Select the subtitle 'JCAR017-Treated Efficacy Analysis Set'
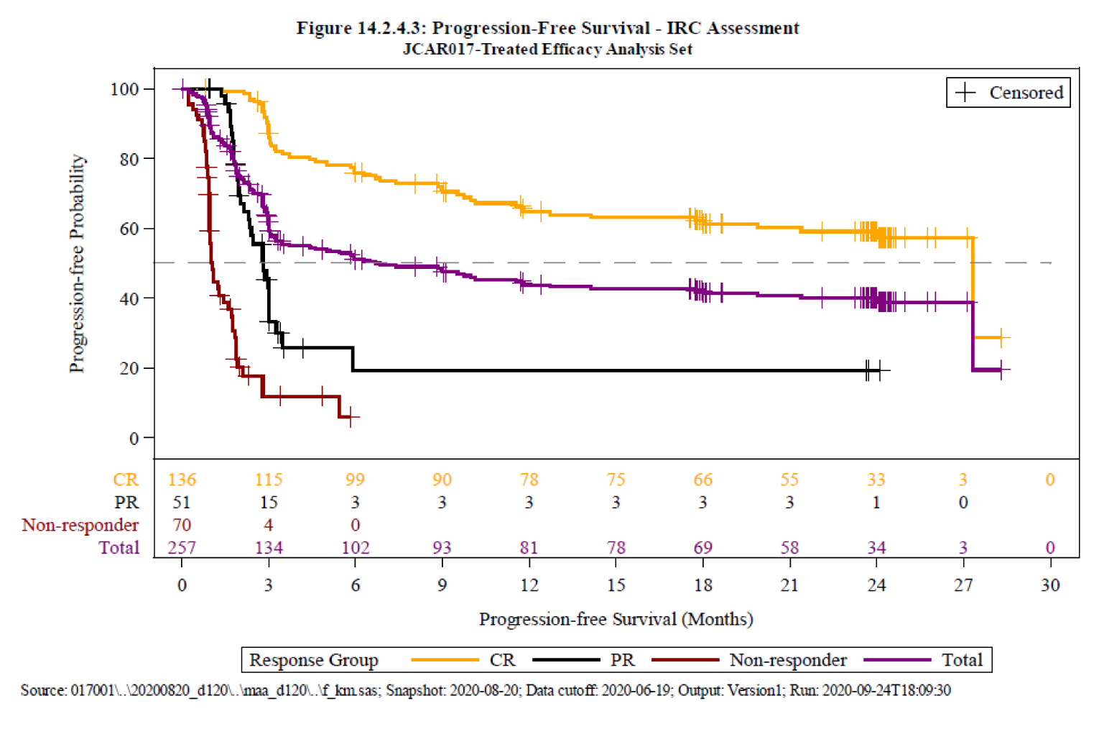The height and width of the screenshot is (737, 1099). pos(547,49)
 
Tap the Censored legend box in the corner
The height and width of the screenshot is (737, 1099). pos(1008,93)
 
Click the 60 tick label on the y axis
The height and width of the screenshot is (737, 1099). pos(129,229)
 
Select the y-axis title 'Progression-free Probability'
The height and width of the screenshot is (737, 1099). pos(77,263)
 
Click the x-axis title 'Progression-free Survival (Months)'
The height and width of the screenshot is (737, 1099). pos(616,619)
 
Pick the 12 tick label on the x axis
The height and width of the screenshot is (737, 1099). pos(529,585)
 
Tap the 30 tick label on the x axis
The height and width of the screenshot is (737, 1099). pos(1049,585)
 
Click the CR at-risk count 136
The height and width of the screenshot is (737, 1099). pos(182,480)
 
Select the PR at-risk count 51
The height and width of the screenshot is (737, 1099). pos(182,503)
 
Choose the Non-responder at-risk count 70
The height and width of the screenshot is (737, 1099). pos(182,526)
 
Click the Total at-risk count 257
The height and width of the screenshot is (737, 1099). pos(182,548)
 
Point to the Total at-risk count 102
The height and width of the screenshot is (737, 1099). pos(355,548)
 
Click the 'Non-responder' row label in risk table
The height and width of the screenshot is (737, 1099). pos(80,526)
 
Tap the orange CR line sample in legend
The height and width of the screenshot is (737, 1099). pos(445,660)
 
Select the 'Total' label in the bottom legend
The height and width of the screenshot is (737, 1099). pos(962,660)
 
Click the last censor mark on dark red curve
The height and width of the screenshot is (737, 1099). pos(351,416)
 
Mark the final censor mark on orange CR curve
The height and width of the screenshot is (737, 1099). pos(1001,337)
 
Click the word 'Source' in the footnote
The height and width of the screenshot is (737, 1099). pos(42,690)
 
